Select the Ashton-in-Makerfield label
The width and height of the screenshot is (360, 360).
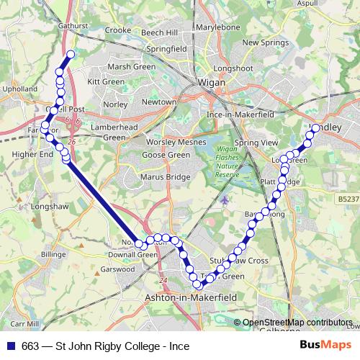click(178, 296)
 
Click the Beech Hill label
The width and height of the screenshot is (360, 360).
click(158, 33)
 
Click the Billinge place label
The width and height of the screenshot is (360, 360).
click(53, 254)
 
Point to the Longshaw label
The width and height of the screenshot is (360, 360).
click(48, 206)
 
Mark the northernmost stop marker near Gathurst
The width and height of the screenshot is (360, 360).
click(71, 55)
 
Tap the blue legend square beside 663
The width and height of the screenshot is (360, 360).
click(12, 346)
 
